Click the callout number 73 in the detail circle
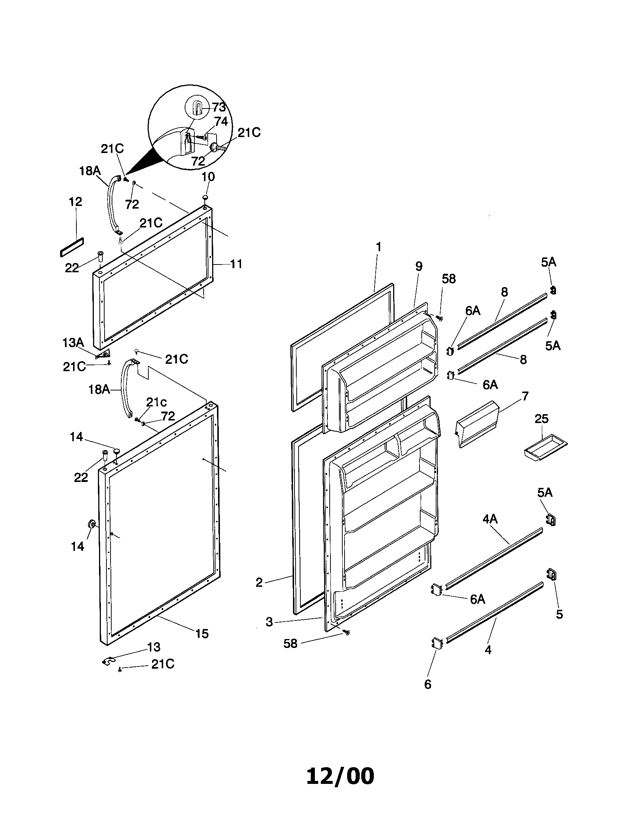pyautogui.click(x=219, y=107)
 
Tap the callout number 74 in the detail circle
pyautogui.click(x=221, y=121)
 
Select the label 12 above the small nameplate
pyautogui.click(x=75, y=202)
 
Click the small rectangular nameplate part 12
pyautogui.click(x=72, y=247)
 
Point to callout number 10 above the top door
pyautogui.click(x=208, y=176)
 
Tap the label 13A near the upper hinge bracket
pyautogui.click(x=73, y=342)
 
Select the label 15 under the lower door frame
pyautogui.click(x=202, y=633)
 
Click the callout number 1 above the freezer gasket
pyautogui.click(x=378, y=247)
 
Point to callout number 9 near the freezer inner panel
pyautogui.click(x=418, y=266)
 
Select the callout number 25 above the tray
pyautogui.click(x=541, y=419)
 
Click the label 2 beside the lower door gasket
pyautogui.click(x=259, y=582)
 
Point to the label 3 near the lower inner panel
pyautogui.click(x=269, y=622)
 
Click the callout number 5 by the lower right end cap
pyautogui.click(x=559, y=614)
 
